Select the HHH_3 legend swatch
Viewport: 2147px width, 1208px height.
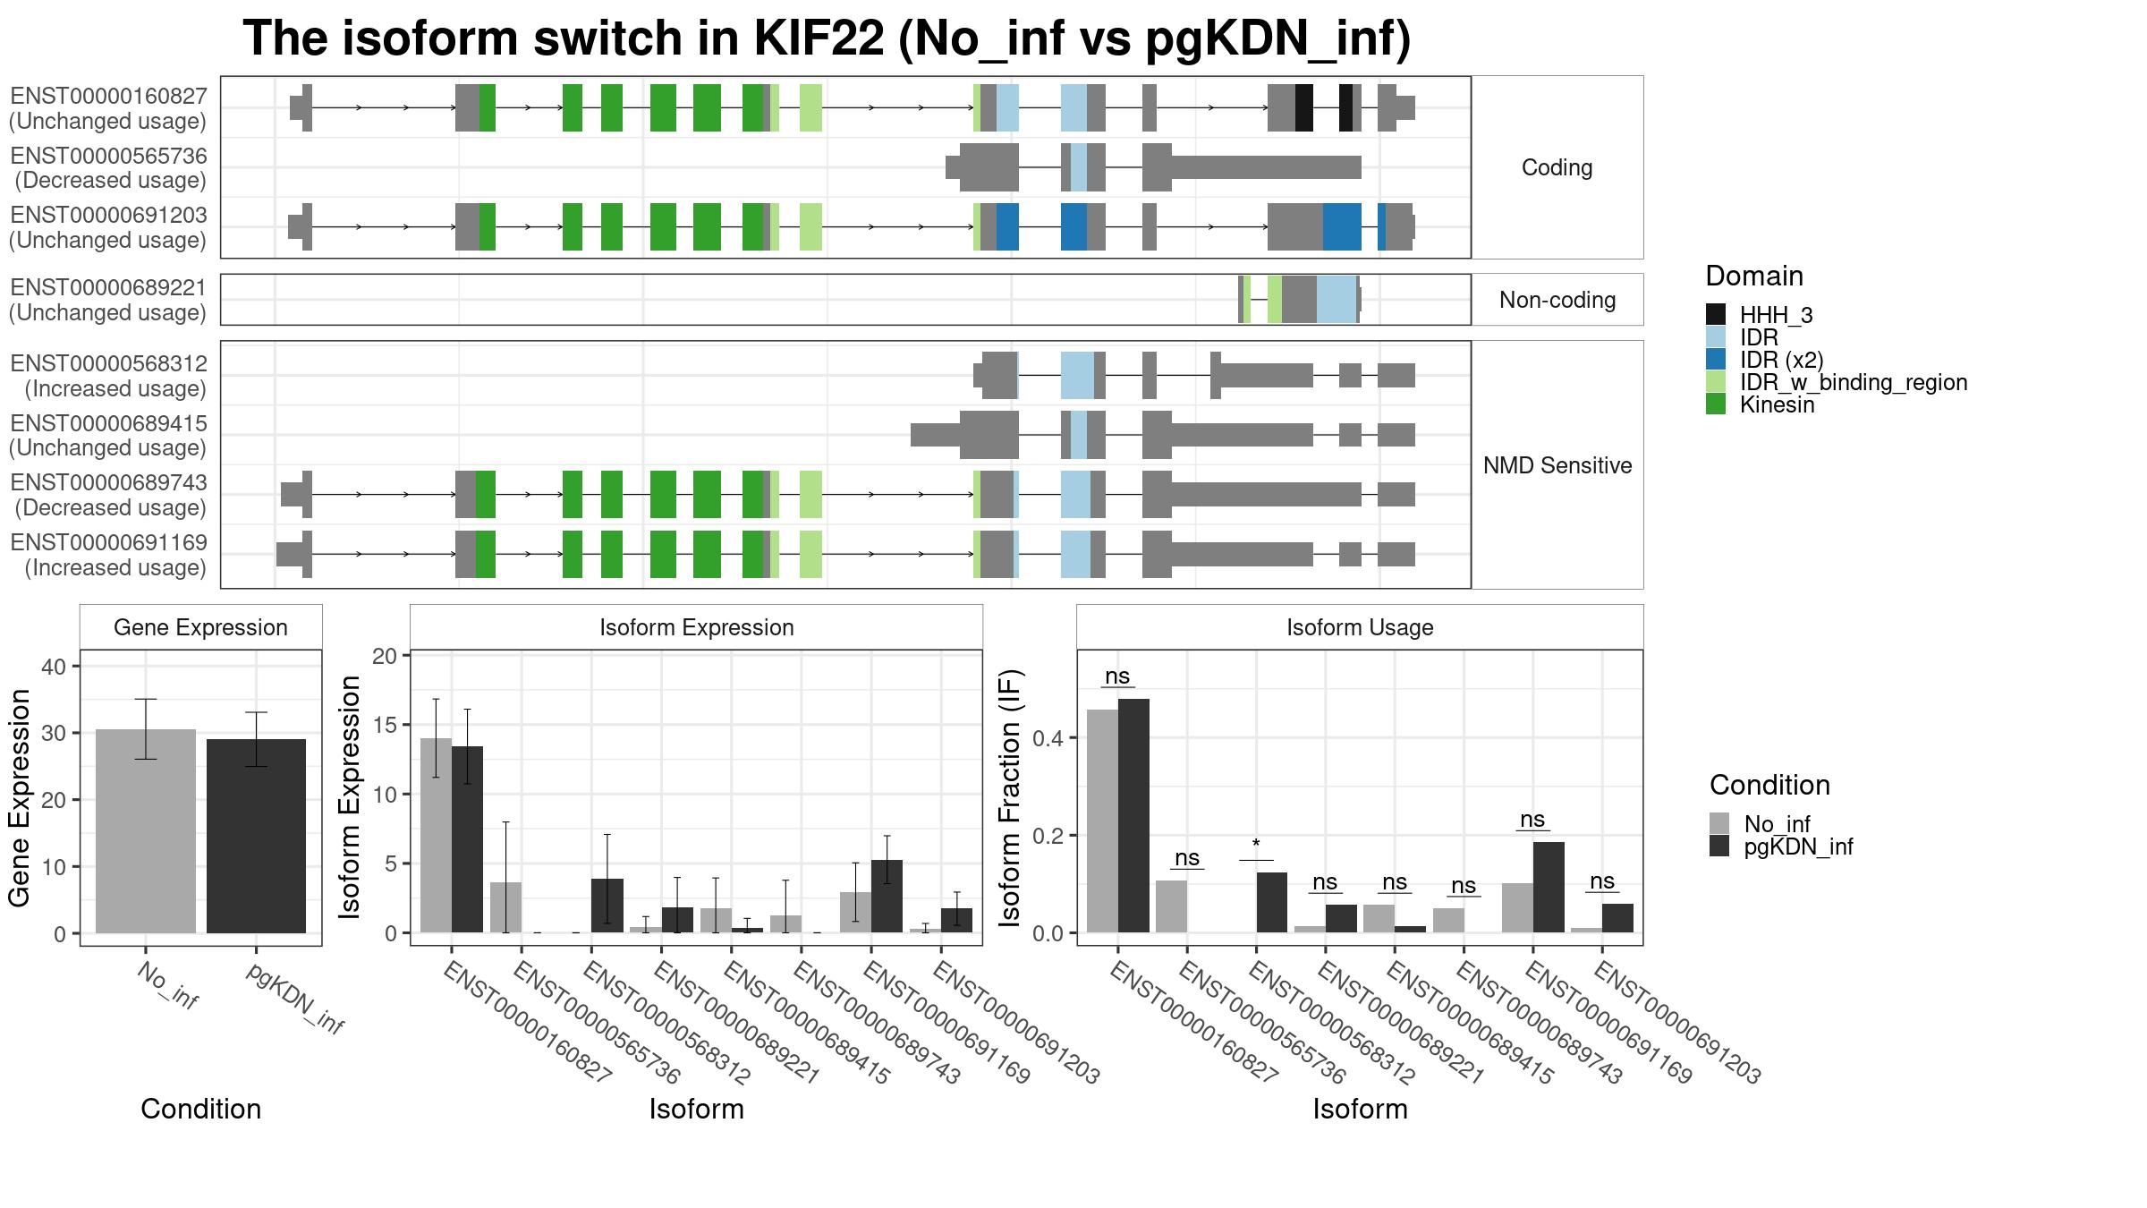click(1716, 314)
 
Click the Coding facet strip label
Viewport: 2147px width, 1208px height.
click(1557, 167)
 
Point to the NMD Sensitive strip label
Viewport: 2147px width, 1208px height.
click(1557, 465)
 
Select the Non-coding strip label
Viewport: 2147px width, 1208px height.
click(1557, 300)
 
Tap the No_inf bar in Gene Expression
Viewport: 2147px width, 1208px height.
click(146, 831)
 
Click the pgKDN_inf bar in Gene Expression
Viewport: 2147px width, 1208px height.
click(256, 836)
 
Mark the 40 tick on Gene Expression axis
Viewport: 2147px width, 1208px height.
click(54, 667)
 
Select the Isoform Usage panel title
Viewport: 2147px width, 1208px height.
click(1360, 627)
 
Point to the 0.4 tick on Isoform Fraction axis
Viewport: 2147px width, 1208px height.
click(1048, 738)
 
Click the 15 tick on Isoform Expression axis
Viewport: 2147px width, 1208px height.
click(385, 725)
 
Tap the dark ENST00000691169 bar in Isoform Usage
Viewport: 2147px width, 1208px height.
click(1549, 887)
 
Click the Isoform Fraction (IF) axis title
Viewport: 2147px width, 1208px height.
click(1011, 797)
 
